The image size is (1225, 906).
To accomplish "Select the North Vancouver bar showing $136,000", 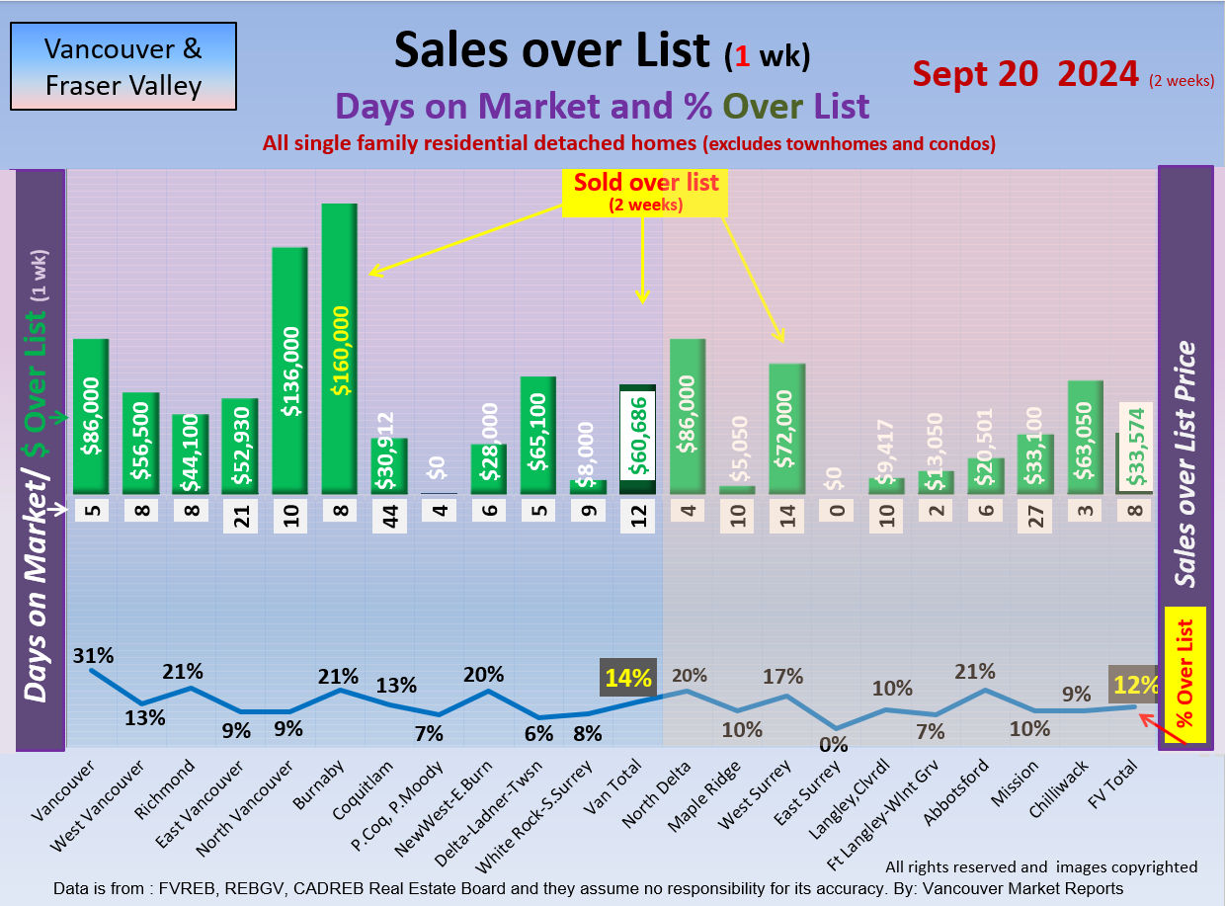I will click(289, 370).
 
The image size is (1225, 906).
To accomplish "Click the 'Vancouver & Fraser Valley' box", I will click(123, 66).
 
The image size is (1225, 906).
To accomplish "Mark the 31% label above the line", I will click(93, 655).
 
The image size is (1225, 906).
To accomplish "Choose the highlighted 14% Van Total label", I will click(628, 678).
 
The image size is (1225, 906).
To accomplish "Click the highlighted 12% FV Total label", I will click(1132, 684).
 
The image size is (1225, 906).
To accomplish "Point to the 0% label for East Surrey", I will click(837, 743).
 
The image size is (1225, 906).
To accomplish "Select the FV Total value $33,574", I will click(1135, 448).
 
